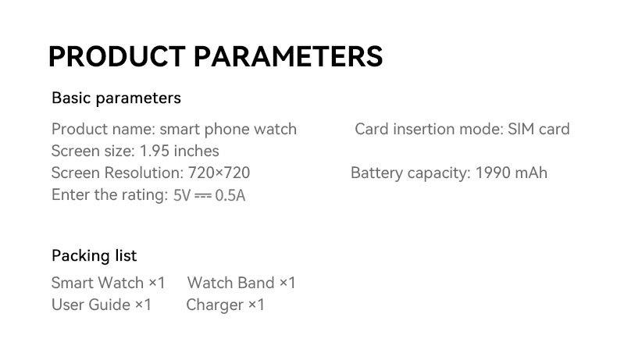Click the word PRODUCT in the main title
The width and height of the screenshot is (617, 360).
(117, 57)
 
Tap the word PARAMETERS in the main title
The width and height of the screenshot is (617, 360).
(288, 57)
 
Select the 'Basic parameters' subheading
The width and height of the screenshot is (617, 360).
(116, 98)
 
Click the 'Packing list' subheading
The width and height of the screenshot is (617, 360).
(94, 255)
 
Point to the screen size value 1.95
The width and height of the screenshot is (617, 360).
(155, 151)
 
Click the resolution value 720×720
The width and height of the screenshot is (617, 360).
(219, 173)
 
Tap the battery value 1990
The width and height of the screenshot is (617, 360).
(492, 173)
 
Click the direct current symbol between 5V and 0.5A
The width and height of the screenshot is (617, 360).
(203, 195)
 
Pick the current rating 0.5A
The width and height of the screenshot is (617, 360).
(230, 195)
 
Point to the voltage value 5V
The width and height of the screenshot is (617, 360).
(182, 195)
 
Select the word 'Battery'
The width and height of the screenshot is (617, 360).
(376, 173)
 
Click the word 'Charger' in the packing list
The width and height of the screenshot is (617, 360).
(215, 305)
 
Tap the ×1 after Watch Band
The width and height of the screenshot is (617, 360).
(287, 283)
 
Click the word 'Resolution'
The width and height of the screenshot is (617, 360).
(144, 173)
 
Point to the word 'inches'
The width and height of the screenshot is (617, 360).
(196, 151)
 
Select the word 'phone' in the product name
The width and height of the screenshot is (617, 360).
(227, 130)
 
